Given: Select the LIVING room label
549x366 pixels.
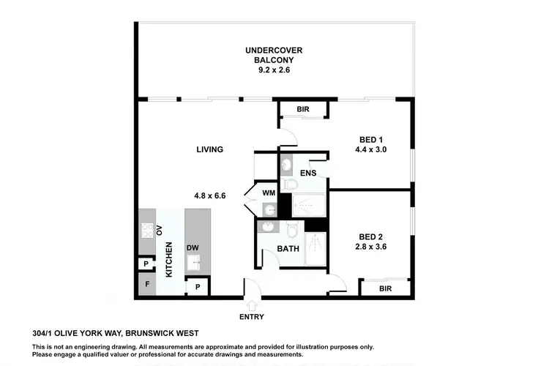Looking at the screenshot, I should click(x=209, y=149).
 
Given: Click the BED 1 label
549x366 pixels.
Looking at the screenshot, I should click(x=370, y=140).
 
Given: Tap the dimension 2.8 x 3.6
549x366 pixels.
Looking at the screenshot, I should click(x=370, y=247).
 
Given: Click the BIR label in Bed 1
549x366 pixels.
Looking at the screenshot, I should click(x=302, y=110).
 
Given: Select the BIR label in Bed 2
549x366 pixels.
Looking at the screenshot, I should click(x=384, y=288).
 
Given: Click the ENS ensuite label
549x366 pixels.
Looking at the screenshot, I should click(x=307, y=173).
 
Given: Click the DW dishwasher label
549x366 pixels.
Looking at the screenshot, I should click(x=193, y=248).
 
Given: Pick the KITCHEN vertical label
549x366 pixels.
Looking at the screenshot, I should click(x=168, y=259).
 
